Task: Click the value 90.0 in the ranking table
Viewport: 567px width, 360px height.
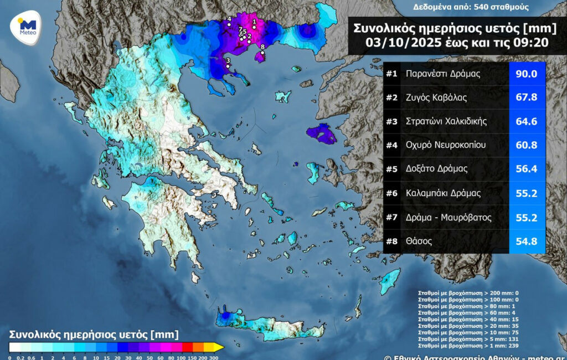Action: (527, 74)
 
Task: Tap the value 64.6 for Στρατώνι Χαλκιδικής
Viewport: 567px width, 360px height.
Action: (527, 121)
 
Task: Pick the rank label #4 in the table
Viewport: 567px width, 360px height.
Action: (392, 146)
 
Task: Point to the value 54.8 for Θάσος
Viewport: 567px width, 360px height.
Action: (527, 241)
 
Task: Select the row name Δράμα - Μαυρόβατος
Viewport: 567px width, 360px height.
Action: (449, 218)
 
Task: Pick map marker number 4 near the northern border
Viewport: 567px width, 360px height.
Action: (229, 24)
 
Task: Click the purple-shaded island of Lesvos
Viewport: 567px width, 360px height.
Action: (320, 133)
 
